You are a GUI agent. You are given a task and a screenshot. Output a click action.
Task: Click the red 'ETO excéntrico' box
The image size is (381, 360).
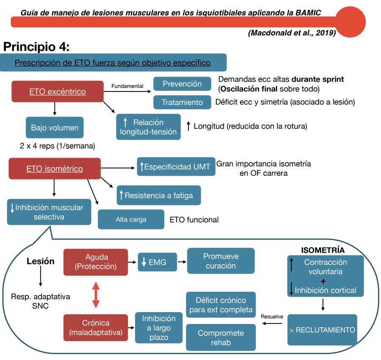point(58,91)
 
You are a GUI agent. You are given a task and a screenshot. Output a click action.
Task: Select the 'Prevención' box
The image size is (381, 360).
point(182,84)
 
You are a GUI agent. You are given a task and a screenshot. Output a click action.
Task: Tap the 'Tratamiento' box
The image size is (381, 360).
point(182,102)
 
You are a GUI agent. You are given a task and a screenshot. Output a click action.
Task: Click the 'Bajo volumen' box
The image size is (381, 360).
point(55,127)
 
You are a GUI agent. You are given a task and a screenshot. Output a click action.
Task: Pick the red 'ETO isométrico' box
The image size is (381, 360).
point(55,169)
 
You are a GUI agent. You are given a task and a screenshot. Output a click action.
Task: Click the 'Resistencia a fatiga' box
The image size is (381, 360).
point(158,195)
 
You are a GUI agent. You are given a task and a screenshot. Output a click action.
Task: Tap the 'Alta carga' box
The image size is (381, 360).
point(131,219)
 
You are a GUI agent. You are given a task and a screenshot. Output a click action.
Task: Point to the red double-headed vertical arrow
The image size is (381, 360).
point(96,295)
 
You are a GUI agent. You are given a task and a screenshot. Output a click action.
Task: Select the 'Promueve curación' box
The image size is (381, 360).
point(221,261)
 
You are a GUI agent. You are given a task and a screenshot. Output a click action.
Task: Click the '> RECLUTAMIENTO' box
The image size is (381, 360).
point(322,330)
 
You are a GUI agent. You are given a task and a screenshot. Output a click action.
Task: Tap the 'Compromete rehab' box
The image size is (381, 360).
point(221,337)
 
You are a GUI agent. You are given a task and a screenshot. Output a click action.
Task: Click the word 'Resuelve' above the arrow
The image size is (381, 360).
point(272,316)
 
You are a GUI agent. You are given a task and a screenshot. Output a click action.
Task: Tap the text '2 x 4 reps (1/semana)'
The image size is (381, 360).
point(57,146)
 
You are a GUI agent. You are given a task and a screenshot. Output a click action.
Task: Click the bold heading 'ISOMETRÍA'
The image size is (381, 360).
point(323,250)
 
